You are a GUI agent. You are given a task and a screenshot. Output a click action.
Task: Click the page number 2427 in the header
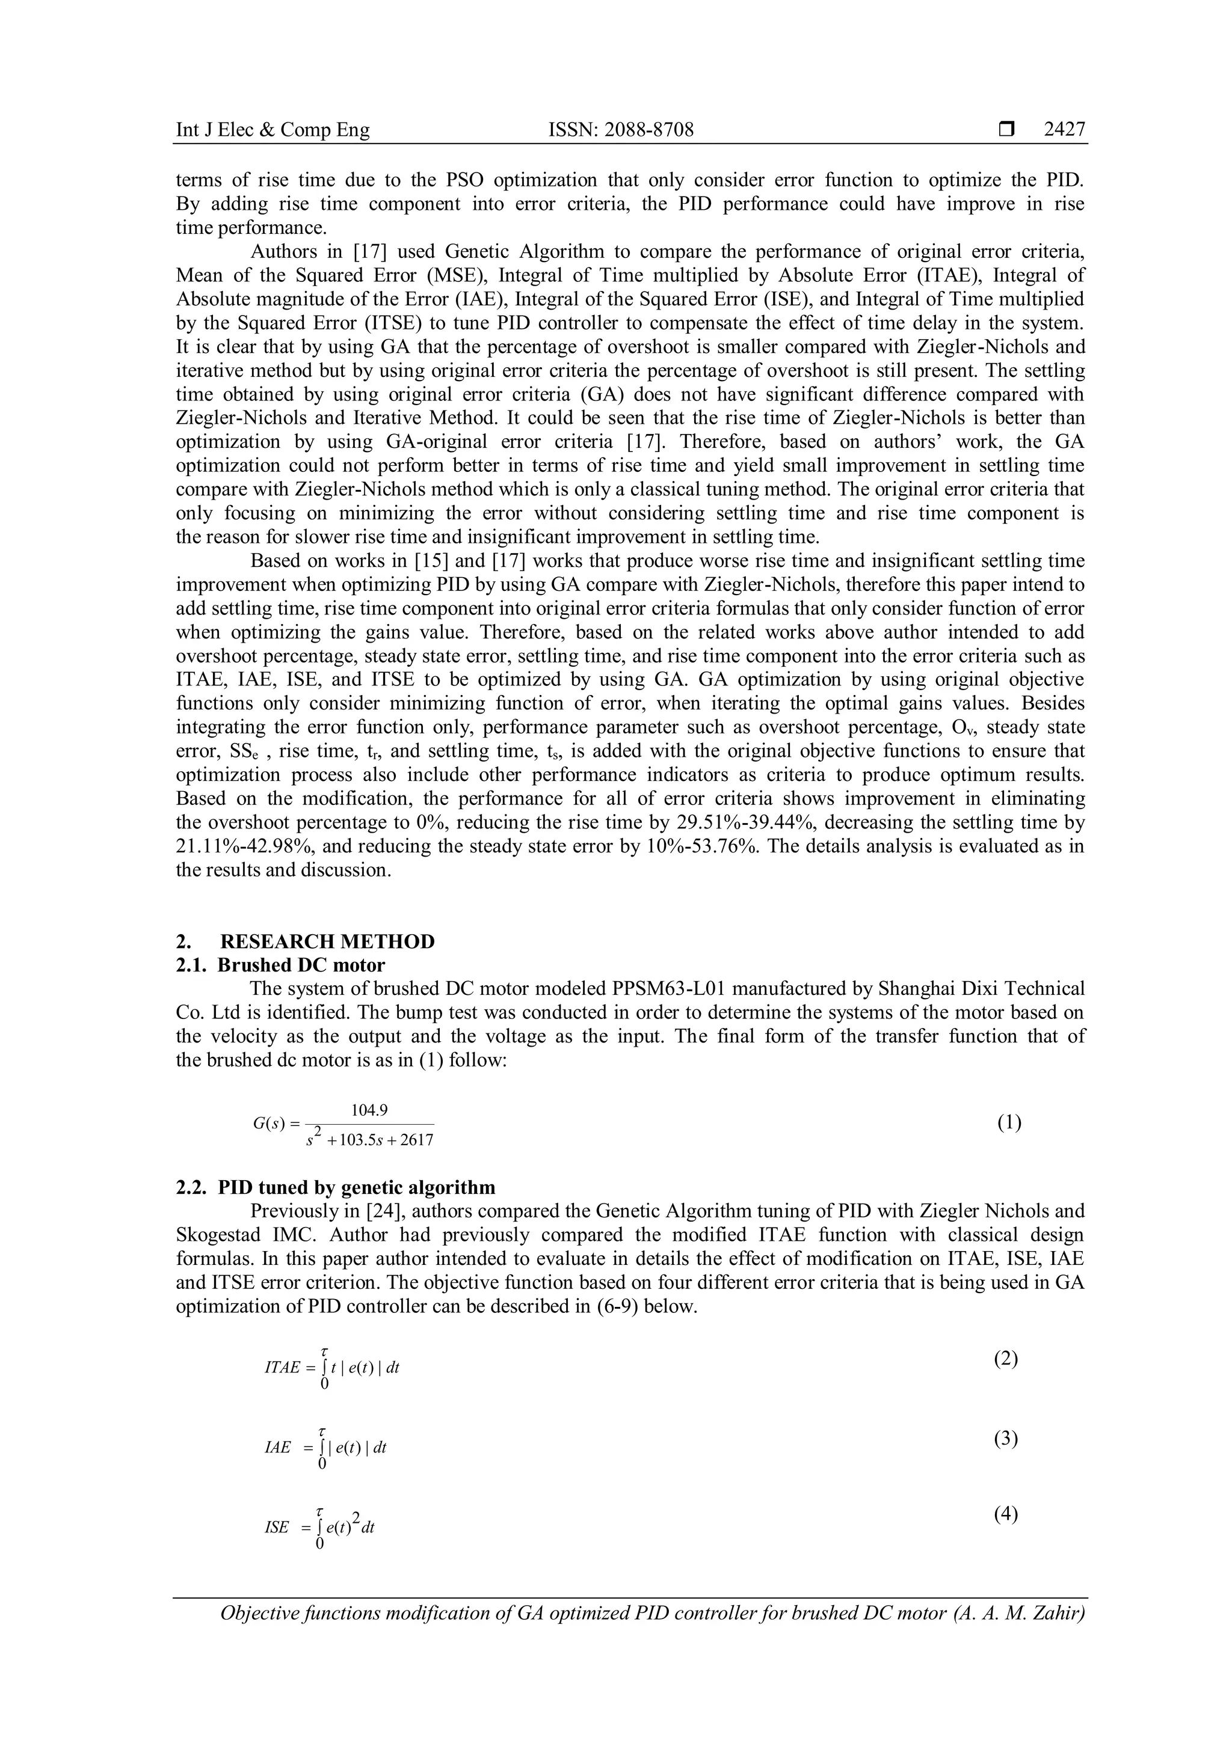click(1064, 130)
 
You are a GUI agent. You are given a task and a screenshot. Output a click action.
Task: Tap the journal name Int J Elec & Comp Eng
click(273, 130)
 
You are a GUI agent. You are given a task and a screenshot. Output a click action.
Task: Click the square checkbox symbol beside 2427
click(1006, 130)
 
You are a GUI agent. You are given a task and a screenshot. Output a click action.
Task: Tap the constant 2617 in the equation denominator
click(416, 1140)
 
